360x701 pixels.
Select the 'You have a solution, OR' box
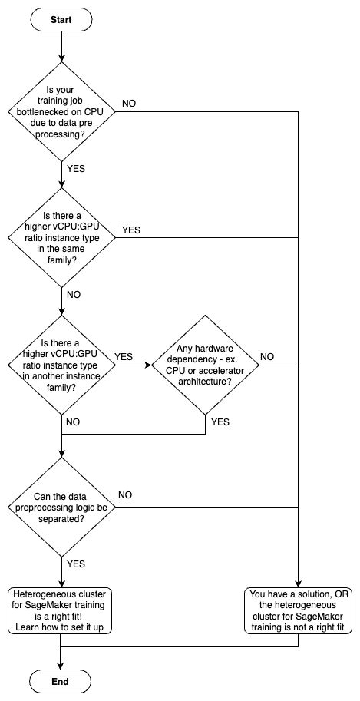tap(297, 610)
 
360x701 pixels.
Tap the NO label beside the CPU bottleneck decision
tap(130, 104)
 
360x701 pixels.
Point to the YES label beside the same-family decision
tap(131, 230)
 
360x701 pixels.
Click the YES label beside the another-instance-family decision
tap(124, 356)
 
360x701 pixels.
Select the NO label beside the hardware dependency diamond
tap(268, 356)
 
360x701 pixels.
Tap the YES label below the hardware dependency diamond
tap(220, 422)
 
